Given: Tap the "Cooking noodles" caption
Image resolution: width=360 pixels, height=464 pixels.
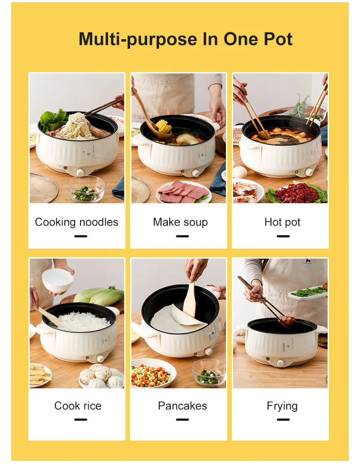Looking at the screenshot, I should pyautogui.click(x=76, y=222).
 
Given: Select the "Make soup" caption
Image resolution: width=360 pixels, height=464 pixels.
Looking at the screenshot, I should pyautogui.click(x=180, y=222).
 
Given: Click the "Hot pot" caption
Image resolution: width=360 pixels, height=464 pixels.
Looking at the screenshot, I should pyautogui.click(x=282, y=222).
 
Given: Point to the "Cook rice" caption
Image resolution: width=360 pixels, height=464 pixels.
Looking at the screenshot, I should pyautogui.click(x=77, y=405).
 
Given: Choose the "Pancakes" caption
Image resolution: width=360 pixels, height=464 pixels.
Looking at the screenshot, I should pyautogui.click(x=182, y=405).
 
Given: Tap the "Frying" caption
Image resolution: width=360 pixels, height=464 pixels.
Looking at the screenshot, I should pyautogui.click(x=282, y=405).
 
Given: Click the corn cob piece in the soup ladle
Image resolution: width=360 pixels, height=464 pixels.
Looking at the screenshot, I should pyautogui.click(x=163, y=126).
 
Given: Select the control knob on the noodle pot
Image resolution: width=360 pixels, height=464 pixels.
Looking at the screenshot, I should pyautogui.click(x=80, y=172).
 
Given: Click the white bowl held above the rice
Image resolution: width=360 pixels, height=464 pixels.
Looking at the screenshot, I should pyautogui.click(x=58, y=280).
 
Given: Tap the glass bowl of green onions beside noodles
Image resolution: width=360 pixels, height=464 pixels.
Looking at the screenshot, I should pyautogui.click(x=85, y=189).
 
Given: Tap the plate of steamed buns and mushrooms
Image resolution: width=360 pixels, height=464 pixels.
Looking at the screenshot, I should pyautogui.click(x=101, y=375).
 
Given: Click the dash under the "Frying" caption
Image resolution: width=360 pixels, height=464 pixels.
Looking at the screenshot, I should pyautogui.click(x=283, y=419).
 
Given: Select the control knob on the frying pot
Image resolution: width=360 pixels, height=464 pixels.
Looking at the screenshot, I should pyautogui.click(x=280, y=363).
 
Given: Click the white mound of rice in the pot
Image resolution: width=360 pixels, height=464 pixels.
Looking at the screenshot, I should pyautogui.click(x=83, y=322).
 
